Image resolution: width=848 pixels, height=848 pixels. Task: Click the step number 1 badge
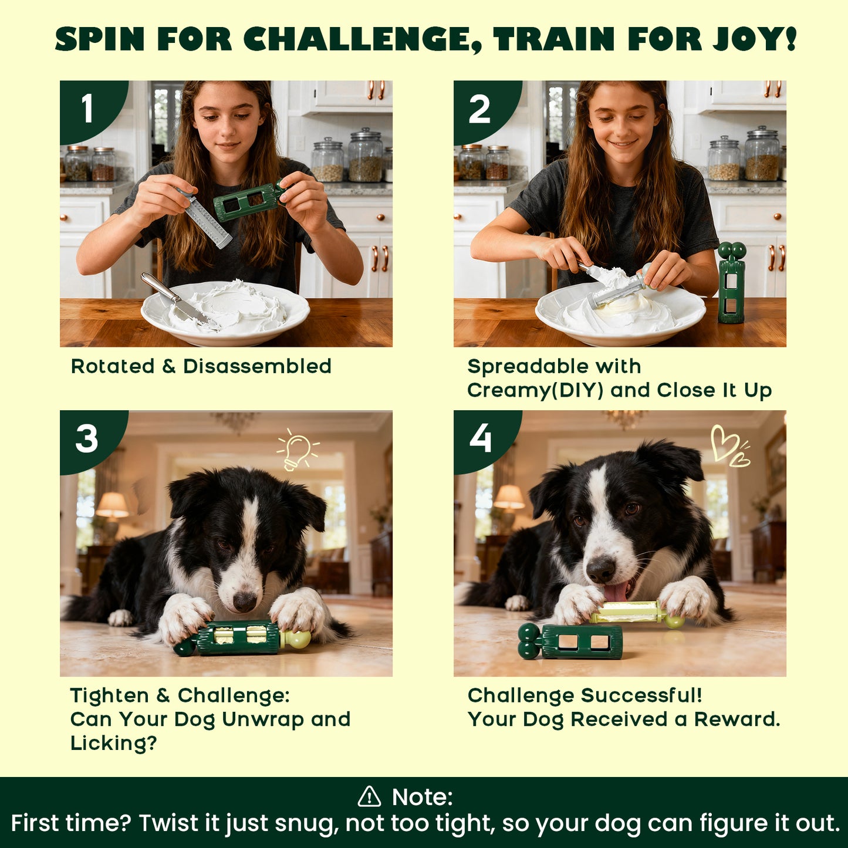(87, 109)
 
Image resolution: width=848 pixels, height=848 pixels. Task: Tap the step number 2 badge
(479, 109)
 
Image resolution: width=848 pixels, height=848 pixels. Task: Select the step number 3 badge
(87, 439)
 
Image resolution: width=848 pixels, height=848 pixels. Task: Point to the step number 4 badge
(480, 439)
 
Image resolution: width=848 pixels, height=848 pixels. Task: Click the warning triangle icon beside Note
(369, 797)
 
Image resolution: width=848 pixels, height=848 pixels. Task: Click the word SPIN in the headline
(100, 39)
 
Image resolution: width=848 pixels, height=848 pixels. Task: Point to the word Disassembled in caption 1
(257, 366)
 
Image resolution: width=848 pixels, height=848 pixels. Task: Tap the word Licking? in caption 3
(114, 743)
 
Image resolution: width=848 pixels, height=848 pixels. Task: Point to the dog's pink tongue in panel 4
(615, 592)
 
